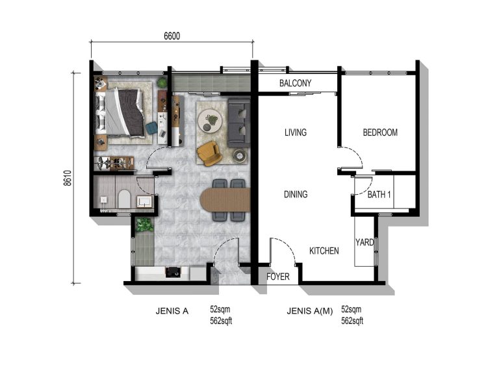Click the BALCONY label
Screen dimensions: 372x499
[x=295, y=83]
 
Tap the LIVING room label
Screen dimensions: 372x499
[x=295, y=132]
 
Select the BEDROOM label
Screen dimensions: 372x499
[x=379, y=132]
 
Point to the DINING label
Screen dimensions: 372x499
[x=295, y=194]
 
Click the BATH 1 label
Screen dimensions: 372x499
[x=379, y=194]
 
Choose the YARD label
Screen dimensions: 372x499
[x=364, y=243]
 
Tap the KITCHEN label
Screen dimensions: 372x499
[x=324, y=251]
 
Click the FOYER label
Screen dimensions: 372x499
[x=277, y=277]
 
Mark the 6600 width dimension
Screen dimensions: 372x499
[x=172, y=36]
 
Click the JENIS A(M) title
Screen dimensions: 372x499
[x=309, y=311]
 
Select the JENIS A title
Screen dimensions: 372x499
[x=172, y=311]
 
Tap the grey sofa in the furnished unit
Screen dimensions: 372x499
[x=238, y=122]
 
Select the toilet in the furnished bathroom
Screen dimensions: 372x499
[x=124, y=199]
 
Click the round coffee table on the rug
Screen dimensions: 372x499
[x=212, y=120]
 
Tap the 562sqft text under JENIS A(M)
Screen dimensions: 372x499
[x=352, y=320]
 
